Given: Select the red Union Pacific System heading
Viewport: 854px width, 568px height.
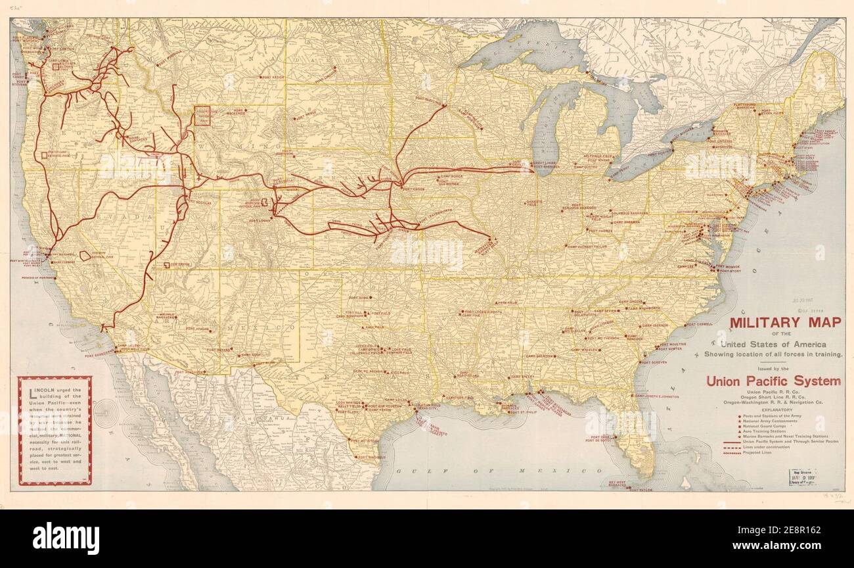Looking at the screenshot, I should pos(773,381).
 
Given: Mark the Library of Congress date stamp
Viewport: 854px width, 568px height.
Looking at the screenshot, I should pos(797,477).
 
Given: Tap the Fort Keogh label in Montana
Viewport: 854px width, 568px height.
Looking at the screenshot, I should pos(274,78).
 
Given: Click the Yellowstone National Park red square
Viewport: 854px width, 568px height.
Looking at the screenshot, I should pos(204,116).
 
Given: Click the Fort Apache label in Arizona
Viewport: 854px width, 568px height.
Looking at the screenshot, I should pos(198,329).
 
